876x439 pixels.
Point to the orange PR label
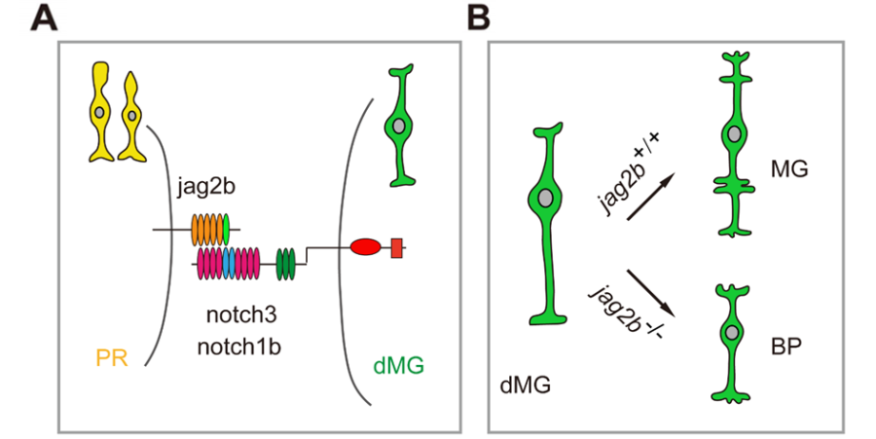pyautogui.click(x=114, y=358)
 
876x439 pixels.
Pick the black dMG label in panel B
pyautogui.click(x=525, y=385)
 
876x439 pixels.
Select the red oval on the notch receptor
pyautogui.click(x=365, y=248)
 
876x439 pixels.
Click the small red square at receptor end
pyautogui.click(x=397, y=248)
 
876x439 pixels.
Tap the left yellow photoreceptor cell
pyautogui.click(x=100, y=109)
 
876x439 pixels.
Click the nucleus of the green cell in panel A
pyautogui.click(x=396, y=125)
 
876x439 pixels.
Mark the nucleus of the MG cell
pyautogui.click(x=734, y=133)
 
